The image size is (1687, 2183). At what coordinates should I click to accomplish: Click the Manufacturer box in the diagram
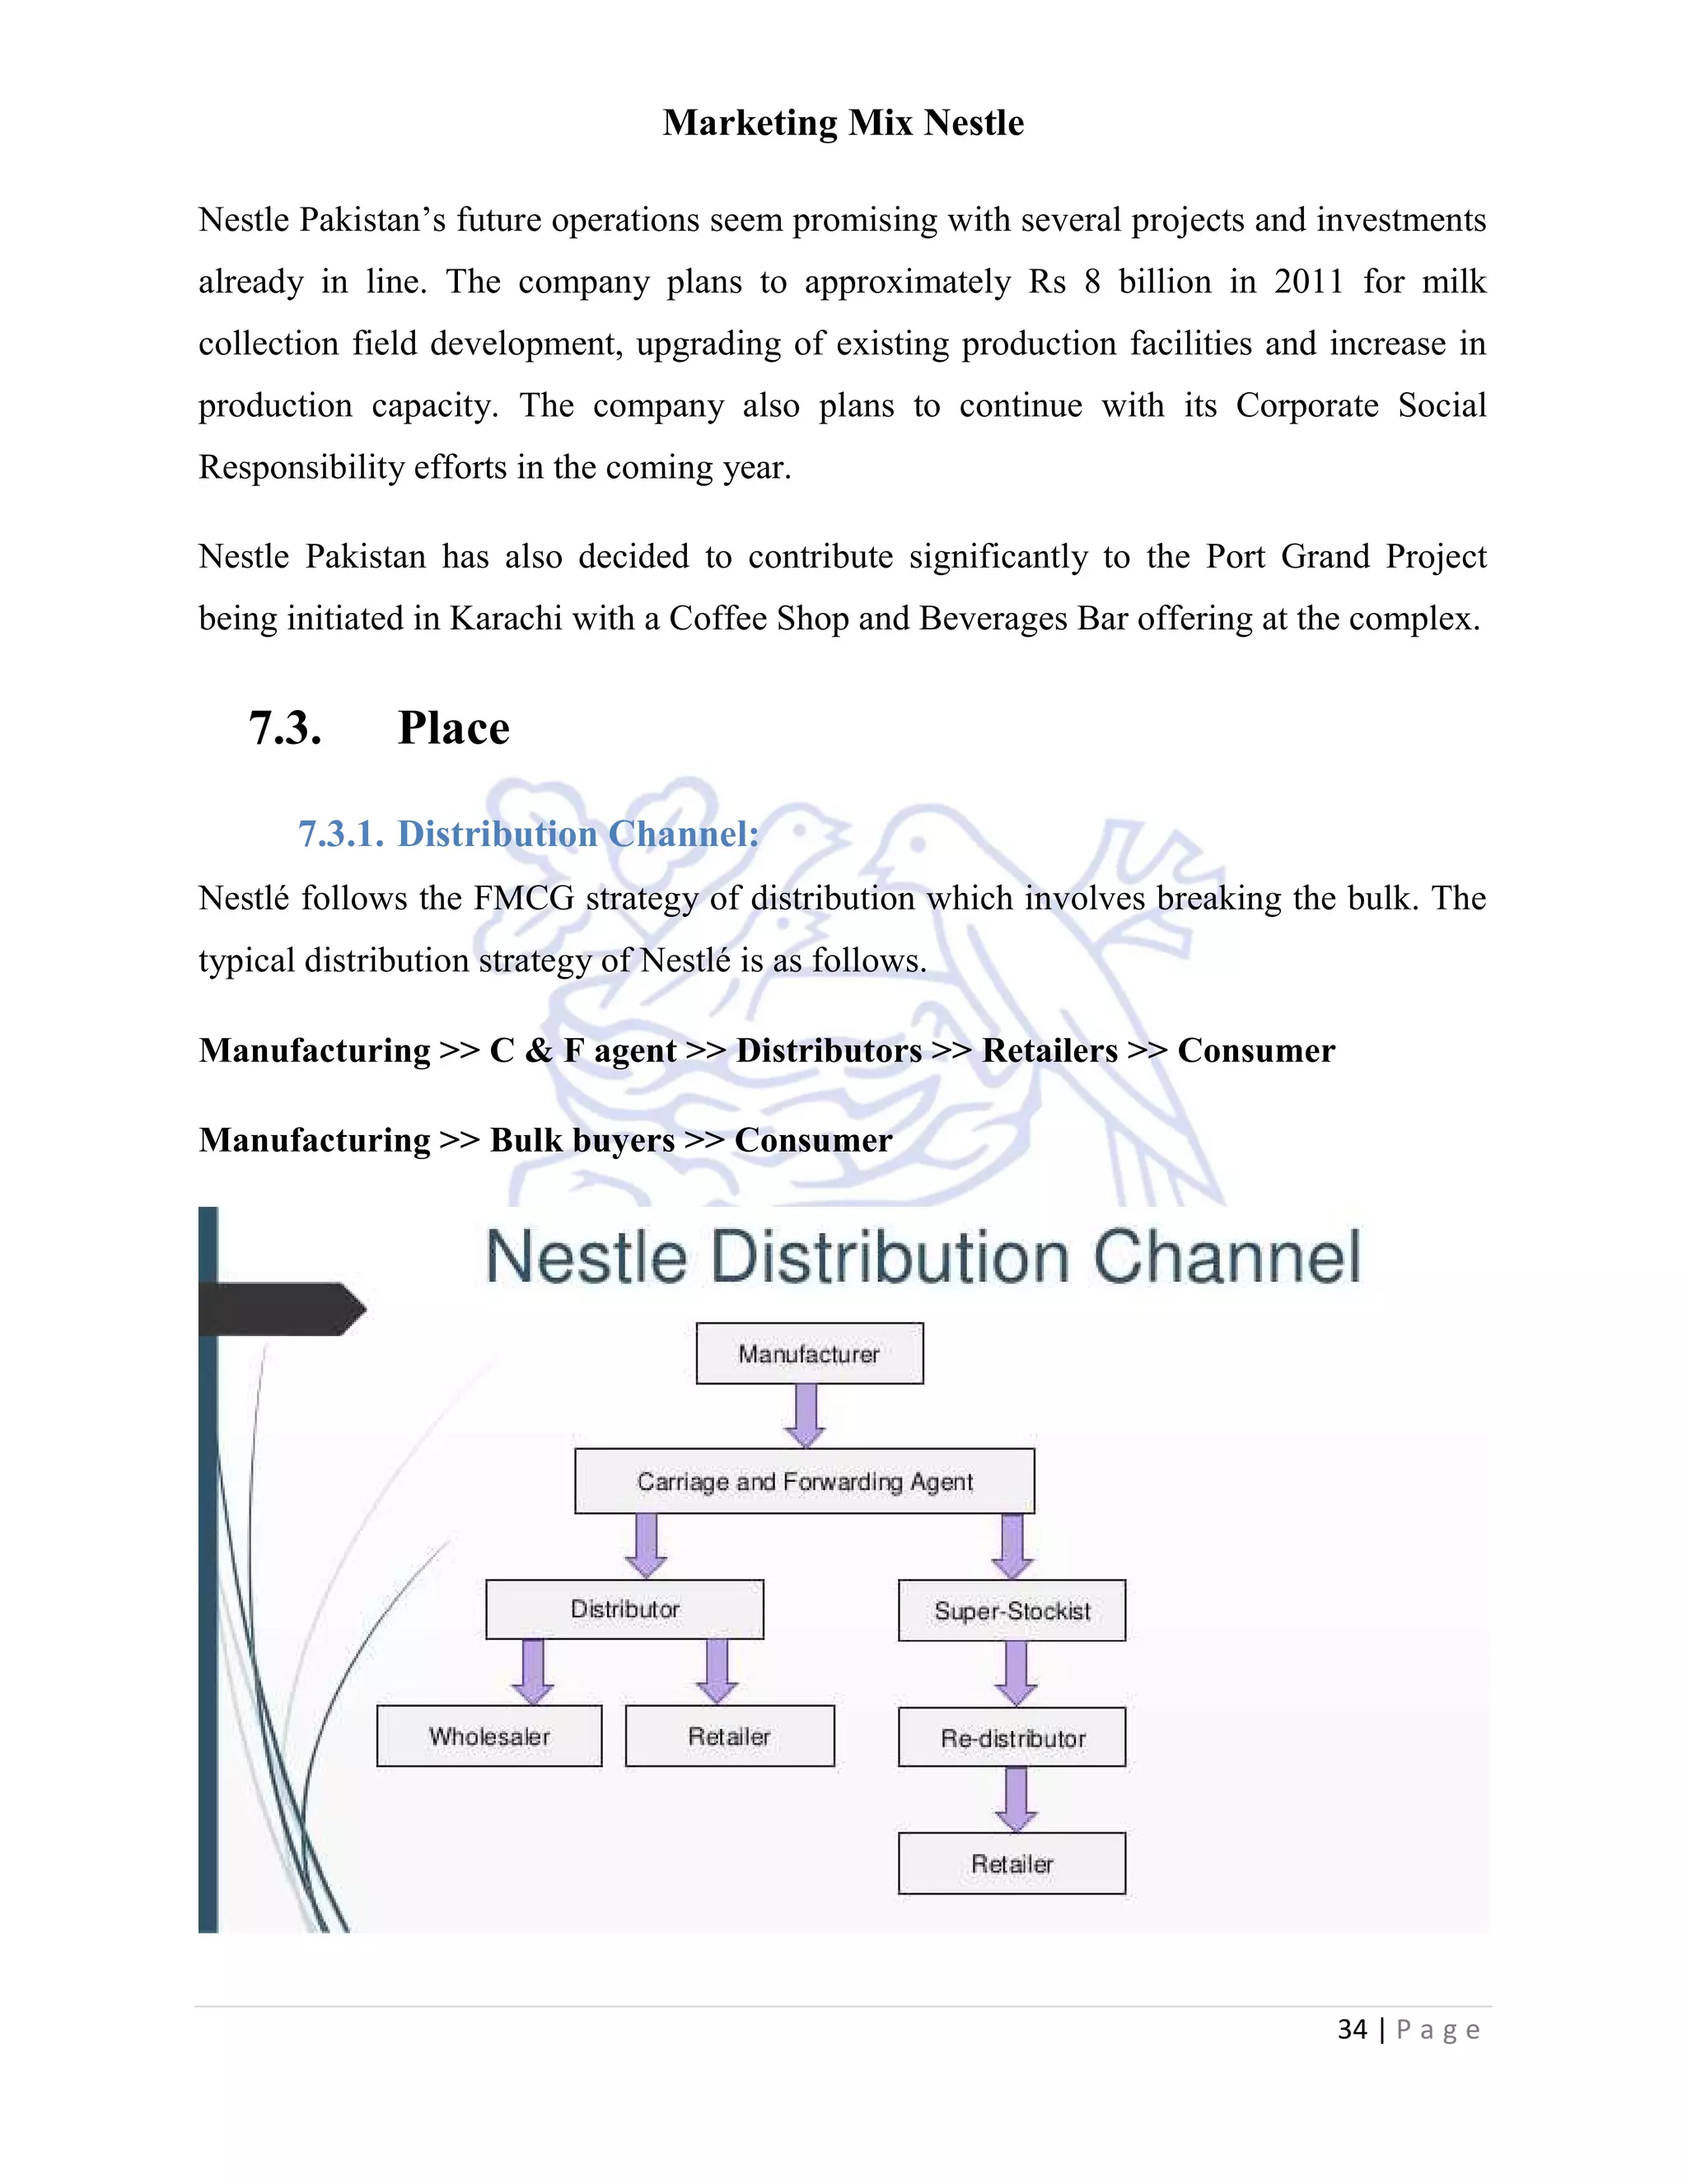[x=809, y=1353]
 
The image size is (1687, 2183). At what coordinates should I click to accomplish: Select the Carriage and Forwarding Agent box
[x=805, y=1480]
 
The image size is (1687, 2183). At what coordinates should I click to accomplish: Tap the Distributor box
[x=624, y=1608]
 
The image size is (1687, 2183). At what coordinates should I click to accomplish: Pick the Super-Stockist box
[x=1012, y=1610]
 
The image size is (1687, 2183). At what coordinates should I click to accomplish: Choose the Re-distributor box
[x=1012, y=1738]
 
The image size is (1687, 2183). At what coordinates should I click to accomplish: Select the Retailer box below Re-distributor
[x=1012, y=1863]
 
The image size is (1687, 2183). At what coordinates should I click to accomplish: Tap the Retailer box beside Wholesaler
[x=730, y=1737]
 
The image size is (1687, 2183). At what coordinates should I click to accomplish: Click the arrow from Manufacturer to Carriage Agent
[x=805, y=1415]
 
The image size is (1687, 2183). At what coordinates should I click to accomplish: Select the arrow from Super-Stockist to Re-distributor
[x=1016, y=1673]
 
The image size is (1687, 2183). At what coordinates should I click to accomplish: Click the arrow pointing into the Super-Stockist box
[x=1012, y=1545]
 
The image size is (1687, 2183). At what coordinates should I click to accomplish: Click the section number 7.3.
[x=285, y=727]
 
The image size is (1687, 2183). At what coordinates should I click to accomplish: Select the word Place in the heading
[x=454, y=727]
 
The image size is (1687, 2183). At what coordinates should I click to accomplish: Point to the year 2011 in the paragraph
[x=1308, y=282]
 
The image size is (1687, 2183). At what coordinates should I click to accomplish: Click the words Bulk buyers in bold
[x=582, y=1139]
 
